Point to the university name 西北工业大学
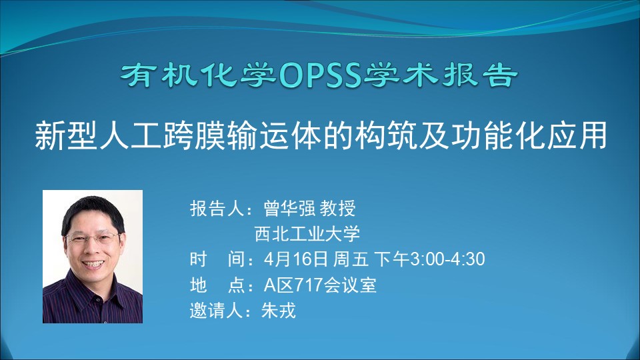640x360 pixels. point(307,233)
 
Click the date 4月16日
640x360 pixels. point(296,259)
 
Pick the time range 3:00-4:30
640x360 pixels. point(447,259)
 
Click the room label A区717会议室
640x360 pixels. point(320,285)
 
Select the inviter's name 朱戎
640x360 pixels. point(279,310)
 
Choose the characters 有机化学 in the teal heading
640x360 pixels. point(199,75)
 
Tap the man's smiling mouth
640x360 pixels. point(94,264)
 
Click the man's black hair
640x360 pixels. point(93,212)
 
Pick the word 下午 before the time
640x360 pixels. point(391,259)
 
